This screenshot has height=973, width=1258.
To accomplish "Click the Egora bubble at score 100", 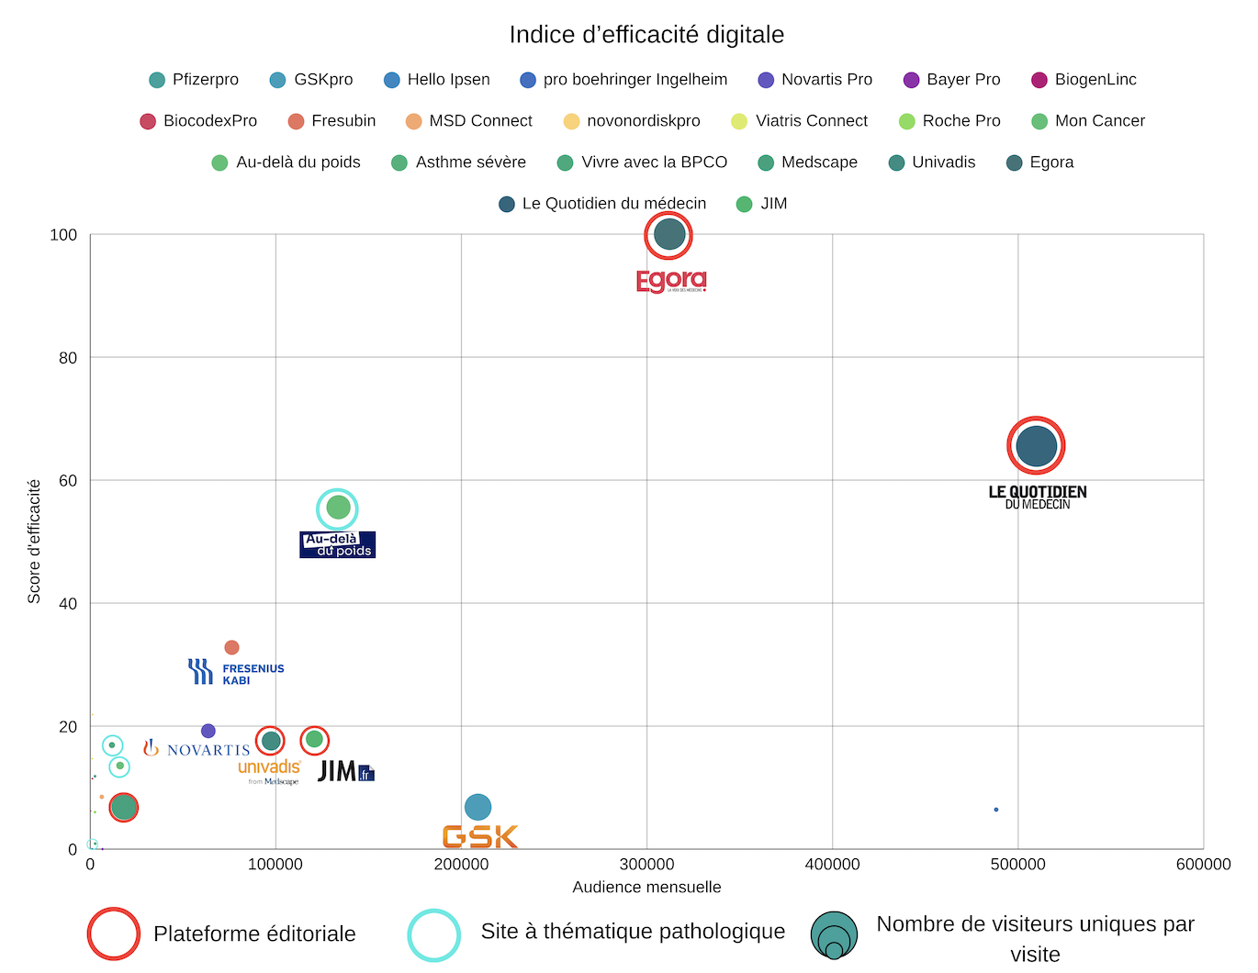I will tap(668, 235).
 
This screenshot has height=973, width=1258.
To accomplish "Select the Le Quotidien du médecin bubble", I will tap(1036, 446).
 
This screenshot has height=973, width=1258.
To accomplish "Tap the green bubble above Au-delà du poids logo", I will tap(338, 508).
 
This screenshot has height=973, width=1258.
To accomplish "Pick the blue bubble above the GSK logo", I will tap(477, 807).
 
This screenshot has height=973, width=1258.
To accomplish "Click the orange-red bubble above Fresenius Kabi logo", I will tap(231, 648).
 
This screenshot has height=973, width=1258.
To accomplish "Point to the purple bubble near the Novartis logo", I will tap(208, 731).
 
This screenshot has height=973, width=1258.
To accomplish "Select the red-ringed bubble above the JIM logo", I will tap(314, 739).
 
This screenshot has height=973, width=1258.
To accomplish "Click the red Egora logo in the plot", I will tap(671, 281).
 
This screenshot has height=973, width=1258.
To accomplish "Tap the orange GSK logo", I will tap(480, 836).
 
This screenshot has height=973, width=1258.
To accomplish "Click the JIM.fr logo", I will tap(345, 771).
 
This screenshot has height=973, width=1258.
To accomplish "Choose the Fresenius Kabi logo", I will tap(236, 672).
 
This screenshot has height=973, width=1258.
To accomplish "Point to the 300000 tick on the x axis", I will tap(646, 864).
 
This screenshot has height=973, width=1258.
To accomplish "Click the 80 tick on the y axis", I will tap(68, 358).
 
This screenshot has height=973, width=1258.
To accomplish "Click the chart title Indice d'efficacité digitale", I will tap(646, 35).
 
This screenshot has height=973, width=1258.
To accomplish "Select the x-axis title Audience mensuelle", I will tap(646, 887).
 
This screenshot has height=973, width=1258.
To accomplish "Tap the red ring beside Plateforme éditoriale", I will tap(113, 934).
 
